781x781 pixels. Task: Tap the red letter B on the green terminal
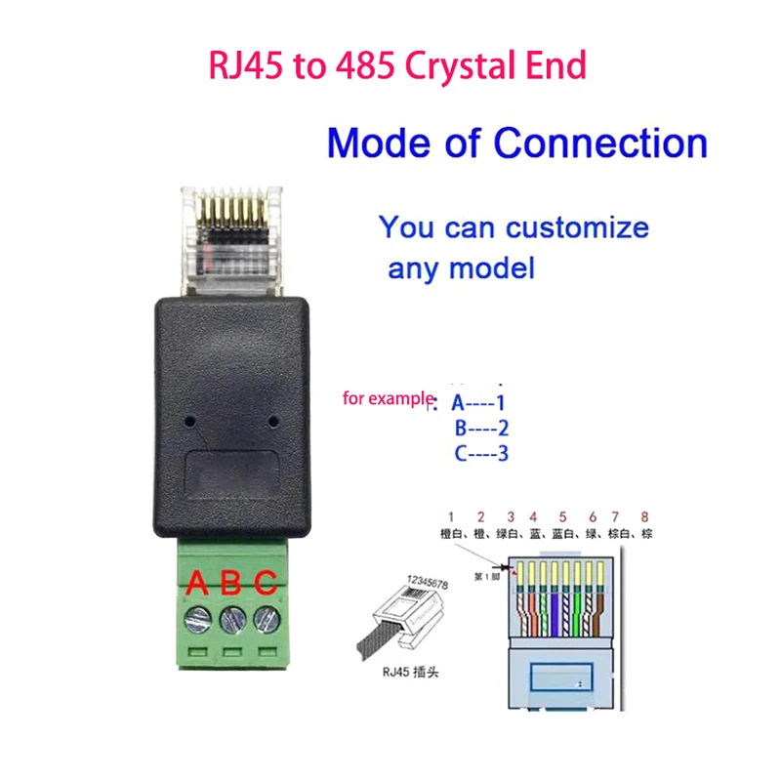click(231, 583)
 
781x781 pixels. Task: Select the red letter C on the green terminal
click(265, 583)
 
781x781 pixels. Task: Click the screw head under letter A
click(199, 619)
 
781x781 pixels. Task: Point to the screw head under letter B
click(232, 619)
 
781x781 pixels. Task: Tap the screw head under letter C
click(265, 619)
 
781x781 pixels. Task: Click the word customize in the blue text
click(576, 228)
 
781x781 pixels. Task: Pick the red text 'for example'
click(389, 398)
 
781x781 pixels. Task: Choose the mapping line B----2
click(482, 428)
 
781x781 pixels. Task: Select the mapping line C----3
click(482, 453)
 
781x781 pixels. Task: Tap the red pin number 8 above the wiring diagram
click(643, 515)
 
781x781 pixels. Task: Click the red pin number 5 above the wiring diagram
click(562, 515)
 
